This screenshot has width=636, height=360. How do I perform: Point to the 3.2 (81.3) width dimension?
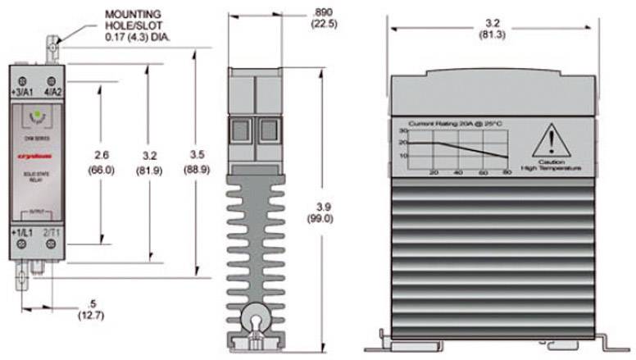pyautogui.click(x=493, y=28)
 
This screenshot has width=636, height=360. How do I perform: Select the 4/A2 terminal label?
pyautogui.click(x=52, y=93)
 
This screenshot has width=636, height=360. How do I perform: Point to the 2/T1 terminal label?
pyautogui.click(x=51, y=235)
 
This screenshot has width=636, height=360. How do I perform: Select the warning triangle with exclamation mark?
pyautogui.click(x=550, y=144)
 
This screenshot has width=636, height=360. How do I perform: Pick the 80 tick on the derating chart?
pyautogui.click(x=507, y=173)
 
